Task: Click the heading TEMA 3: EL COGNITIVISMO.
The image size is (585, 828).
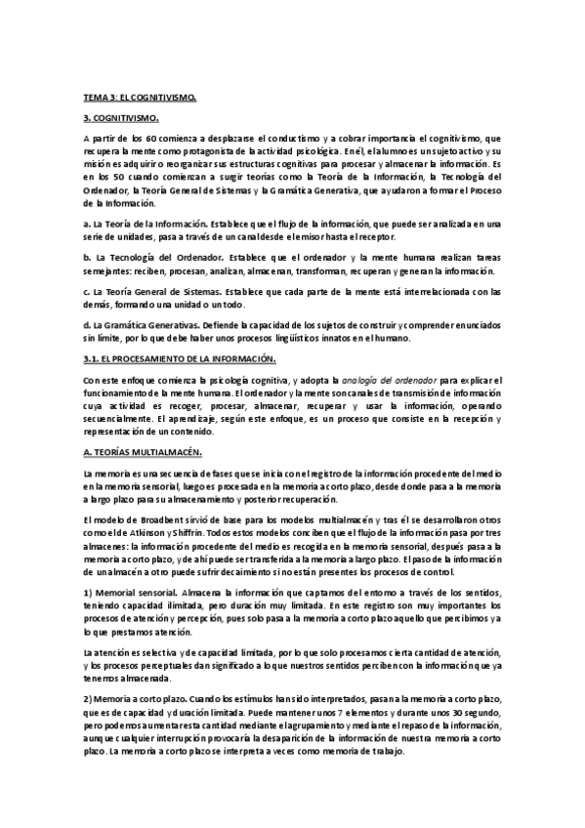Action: pos(140,97)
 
